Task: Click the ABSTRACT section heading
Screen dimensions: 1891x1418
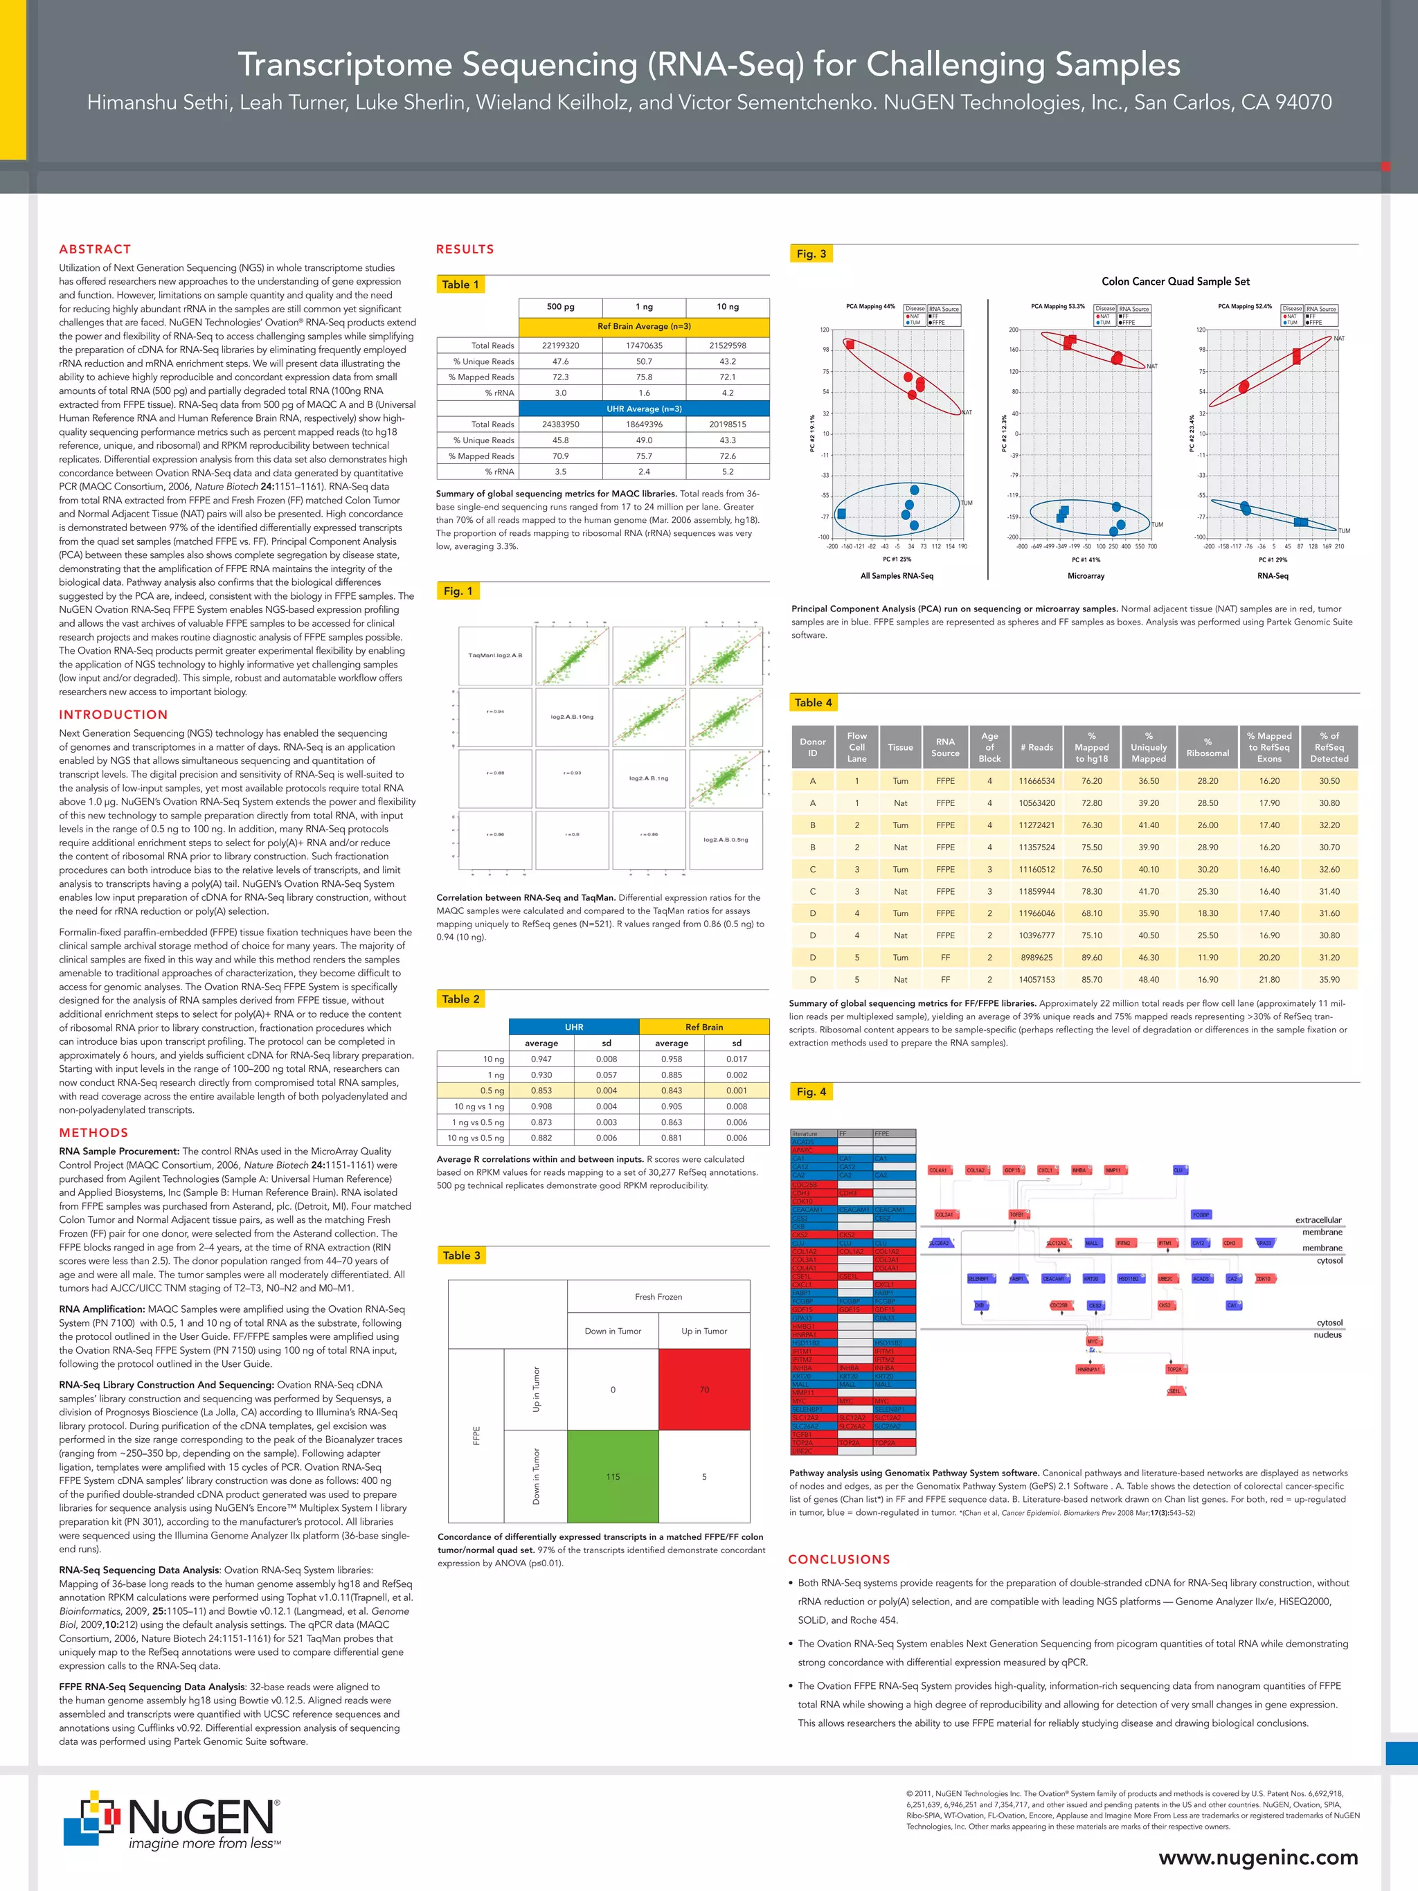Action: coord(95,249)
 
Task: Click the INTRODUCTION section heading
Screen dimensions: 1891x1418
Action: coord(114,715)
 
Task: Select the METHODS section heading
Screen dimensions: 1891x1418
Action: coord(93,1133)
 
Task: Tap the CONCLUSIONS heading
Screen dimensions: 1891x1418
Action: coord(839,1559)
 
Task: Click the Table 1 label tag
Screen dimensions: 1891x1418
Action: coord(460,285)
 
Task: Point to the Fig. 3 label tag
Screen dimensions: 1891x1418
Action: coord(811,254)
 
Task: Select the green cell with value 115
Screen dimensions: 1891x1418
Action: coord(613,1476)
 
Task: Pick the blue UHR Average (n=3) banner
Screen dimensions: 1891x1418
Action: coord(644,409)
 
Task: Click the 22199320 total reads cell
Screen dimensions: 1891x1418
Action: coord(560,346)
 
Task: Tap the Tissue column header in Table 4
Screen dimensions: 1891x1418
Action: coord(900,747)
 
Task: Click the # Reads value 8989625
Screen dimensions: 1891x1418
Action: coord(1036,958)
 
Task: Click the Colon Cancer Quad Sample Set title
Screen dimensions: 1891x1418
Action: coord(1175,281)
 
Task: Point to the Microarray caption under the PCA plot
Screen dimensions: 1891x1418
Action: coord(1086,576)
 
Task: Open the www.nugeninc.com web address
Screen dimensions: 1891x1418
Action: coord(1258,1858)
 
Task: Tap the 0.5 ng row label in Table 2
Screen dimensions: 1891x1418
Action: coord(492,1091)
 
